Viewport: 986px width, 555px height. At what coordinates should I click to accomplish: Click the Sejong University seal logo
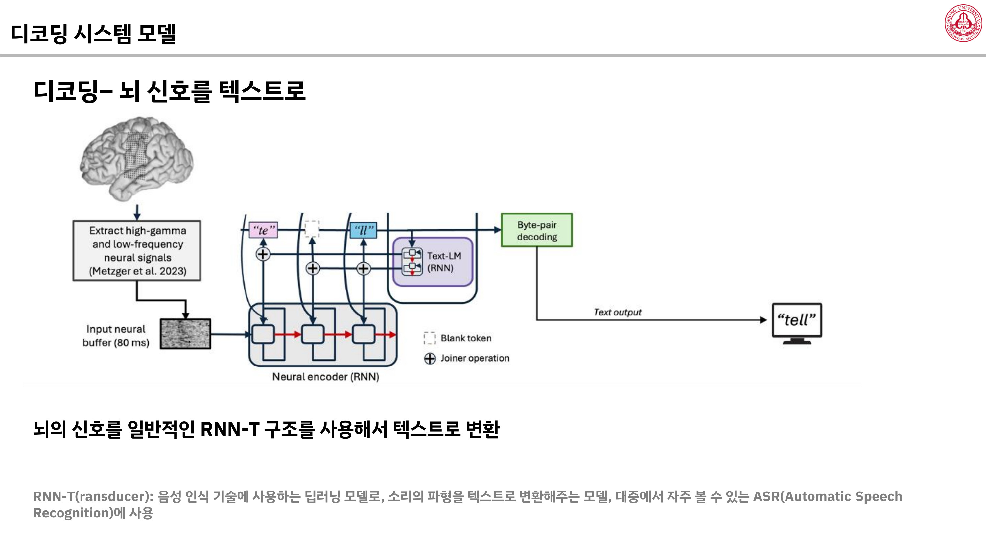[963, 23]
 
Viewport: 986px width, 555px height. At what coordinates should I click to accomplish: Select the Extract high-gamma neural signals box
[137, 250]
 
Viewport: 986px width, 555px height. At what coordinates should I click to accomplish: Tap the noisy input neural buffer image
[185, 334]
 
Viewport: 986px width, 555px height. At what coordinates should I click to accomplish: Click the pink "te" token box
[263, 230]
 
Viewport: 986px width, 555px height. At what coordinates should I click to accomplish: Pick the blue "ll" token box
[363, 230]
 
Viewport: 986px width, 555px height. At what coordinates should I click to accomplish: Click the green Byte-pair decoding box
[537, 230]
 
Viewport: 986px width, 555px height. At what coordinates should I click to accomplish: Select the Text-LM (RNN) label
[444, 262]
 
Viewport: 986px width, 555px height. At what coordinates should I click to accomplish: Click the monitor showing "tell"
[797, 321]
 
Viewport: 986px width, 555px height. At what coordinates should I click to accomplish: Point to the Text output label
[617, 312]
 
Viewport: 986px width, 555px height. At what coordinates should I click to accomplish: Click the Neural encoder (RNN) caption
[326, 376]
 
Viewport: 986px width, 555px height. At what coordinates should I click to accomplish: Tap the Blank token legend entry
[466, 338]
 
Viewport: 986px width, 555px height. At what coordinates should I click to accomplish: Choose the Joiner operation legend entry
[475, 358]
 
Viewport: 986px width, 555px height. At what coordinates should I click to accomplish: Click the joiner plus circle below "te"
[263, 254]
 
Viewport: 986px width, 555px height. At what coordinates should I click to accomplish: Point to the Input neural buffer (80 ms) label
[116, 336]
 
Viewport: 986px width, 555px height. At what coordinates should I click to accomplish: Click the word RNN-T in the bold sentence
[230, 429]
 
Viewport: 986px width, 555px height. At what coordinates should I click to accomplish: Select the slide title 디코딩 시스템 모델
[93, 34]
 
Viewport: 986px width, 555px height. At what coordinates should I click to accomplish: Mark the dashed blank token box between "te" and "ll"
[312, 229]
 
